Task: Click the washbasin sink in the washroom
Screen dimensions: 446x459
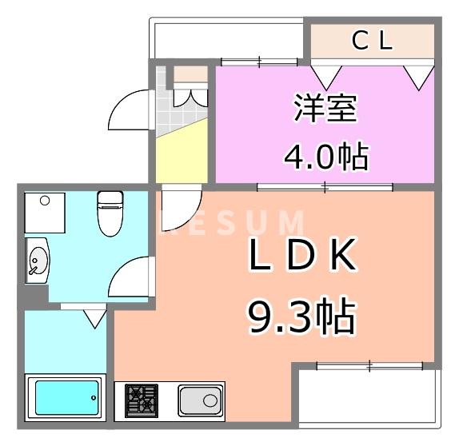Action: (37, 261)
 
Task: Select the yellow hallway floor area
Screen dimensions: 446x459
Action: (181, 156)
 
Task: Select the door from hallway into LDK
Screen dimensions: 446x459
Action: (179, 203)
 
